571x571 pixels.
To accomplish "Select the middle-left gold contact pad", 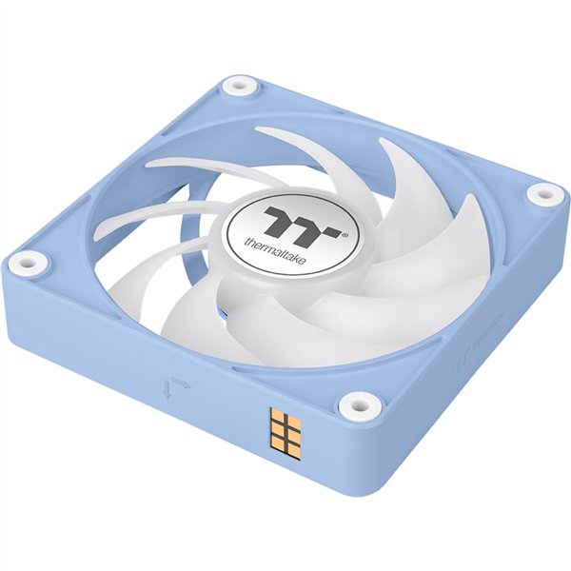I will (277, 433).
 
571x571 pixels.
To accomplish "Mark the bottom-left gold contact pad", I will (277, 448).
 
